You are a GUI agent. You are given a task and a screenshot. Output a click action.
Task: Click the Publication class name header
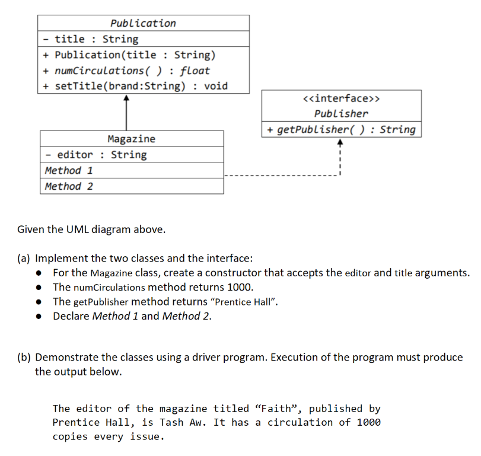pos(143,23)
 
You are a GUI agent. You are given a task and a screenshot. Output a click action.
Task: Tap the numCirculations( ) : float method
pos(132,71)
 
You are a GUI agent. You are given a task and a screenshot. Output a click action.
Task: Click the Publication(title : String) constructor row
pos(135,55)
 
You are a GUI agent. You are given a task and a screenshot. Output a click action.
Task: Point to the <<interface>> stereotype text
pos(341,98)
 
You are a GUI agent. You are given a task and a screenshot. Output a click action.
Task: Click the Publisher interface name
pos(341,113)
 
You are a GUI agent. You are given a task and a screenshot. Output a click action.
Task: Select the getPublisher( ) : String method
pos(341,129)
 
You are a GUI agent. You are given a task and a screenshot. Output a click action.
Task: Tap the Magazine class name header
pos(131,139)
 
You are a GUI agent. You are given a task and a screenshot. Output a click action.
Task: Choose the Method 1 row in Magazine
pos(69,170)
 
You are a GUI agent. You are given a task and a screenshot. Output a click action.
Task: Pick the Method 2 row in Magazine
pos(69,186)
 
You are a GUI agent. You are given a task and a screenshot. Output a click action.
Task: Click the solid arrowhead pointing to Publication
pos(126,99)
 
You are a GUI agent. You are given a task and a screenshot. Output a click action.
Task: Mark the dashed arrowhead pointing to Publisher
pos(339,142)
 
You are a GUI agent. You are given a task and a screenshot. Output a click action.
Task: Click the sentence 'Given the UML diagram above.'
pos(91,229)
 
